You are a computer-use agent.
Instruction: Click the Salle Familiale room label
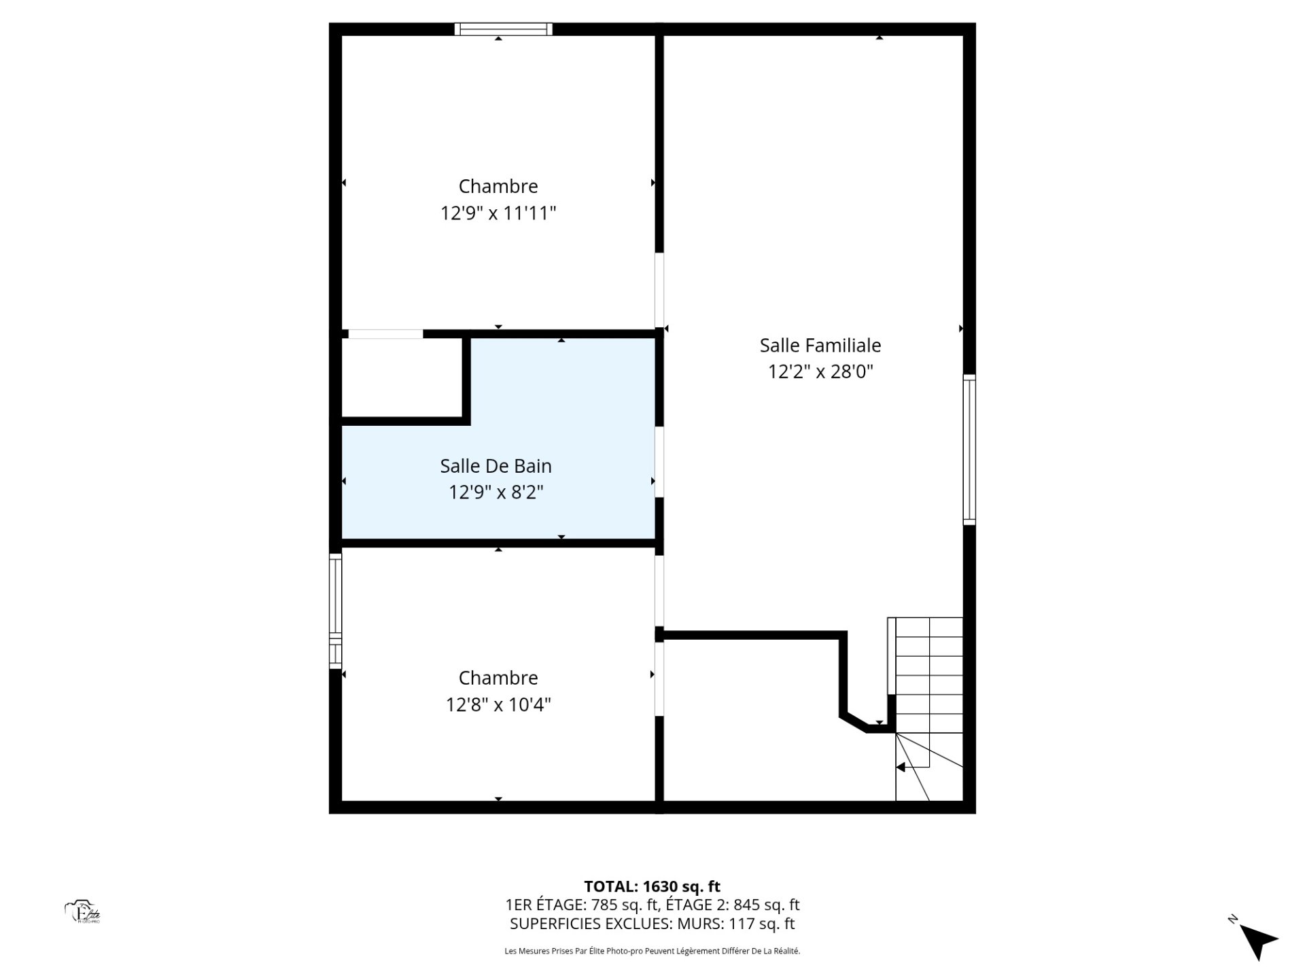point(820,346)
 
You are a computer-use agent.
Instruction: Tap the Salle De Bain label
point(495,466)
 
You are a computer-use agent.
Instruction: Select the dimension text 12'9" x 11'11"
point(498,213)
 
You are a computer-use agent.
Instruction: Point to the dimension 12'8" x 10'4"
point(498,705)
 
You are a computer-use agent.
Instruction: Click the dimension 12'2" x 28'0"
point(820,372)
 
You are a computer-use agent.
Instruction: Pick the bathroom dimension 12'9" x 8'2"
point(495,492)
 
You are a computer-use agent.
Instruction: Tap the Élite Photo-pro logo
point(83,912)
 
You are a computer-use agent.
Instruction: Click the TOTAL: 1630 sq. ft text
point(652,886)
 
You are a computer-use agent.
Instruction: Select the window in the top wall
point(503,29)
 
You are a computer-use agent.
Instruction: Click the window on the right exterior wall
point(970,449)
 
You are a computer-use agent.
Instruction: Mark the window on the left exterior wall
point(335,611)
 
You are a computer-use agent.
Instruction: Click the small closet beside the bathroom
point(401,378)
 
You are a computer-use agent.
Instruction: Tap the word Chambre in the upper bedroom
point(498,186)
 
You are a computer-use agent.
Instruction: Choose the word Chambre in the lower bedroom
point(498,678)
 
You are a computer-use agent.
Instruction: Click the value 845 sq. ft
point(766,905)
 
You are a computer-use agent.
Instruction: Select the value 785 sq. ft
point(624,905)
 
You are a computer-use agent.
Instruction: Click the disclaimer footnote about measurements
point(652,951)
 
